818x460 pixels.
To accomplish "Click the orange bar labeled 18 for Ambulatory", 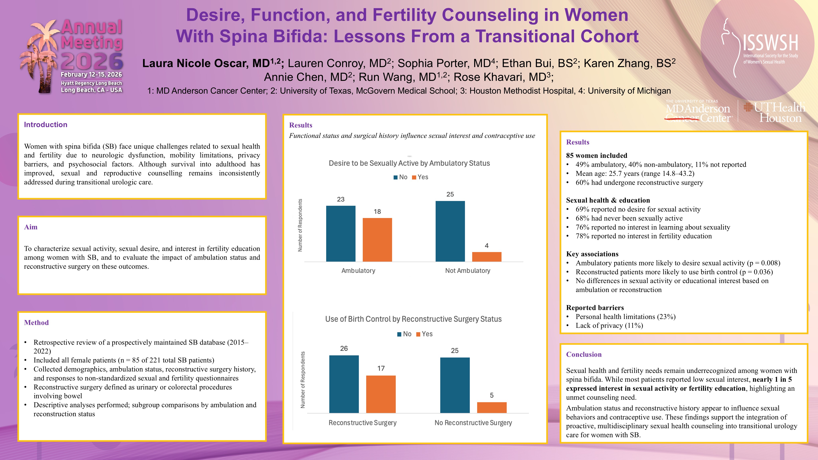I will point(377,240).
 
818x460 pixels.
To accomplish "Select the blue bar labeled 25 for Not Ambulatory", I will point(450,231).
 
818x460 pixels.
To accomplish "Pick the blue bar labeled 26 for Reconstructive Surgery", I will point(344,384).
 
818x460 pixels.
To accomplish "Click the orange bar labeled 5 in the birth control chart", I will point(492,408).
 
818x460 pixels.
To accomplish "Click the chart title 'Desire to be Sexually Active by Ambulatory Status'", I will point(409,163).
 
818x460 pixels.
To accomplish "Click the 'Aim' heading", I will point(31,227).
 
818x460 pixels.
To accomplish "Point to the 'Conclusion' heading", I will point(584,354).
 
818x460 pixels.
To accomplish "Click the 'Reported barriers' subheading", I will point(595,308).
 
